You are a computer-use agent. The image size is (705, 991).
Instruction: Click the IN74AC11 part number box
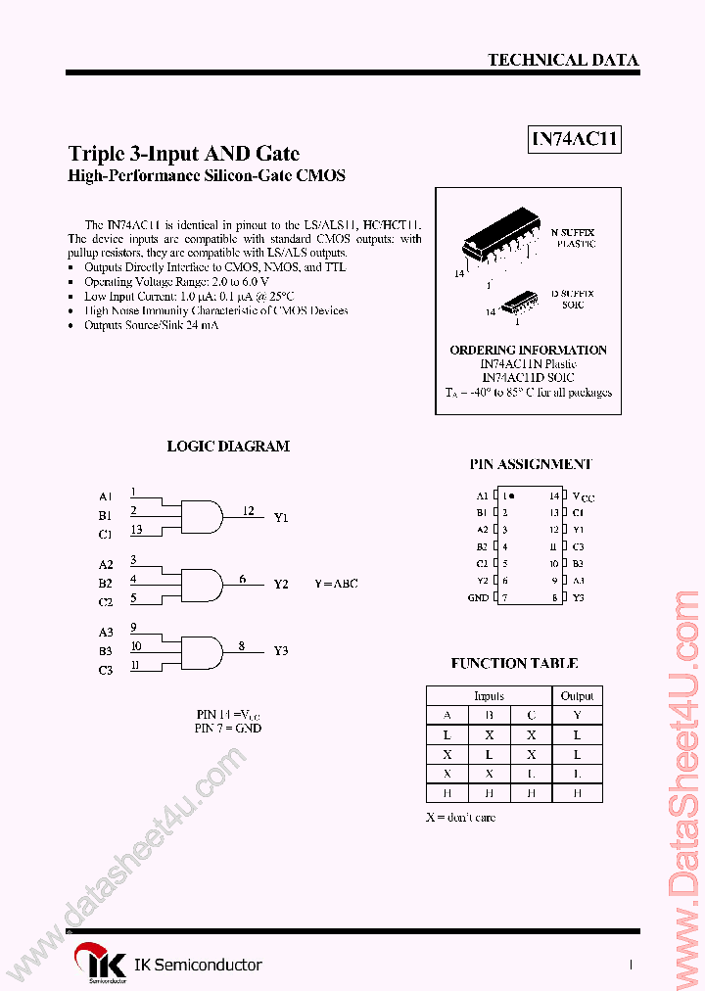(575, 140)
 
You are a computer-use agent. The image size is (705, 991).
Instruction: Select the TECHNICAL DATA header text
(563, 60)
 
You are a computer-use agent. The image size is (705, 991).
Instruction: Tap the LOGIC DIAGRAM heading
(228, 446)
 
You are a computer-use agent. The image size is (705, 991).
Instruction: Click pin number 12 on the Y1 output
(249, 510)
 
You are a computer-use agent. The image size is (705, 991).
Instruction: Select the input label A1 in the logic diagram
(106, 496)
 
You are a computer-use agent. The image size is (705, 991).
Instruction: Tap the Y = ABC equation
(336, 583)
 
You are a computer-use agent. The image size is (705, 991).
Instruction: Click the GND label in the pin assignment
(478, 597)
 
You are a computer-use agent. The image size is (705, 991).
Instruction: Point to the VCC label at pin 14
(583, 496)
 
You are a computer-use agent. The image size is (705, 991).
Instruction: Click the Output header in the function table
(577, 696)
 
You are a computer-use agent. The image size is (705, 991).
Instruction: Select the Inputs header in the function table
(489, 696)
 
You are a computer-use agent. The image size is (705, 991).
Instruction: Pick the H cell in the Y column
(577, 793)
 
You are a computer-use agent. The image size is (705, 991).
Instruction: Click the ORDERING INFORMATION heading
(528, 350)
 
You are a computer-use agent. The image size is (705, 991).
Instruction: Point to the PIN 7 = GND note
(228, 728)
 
